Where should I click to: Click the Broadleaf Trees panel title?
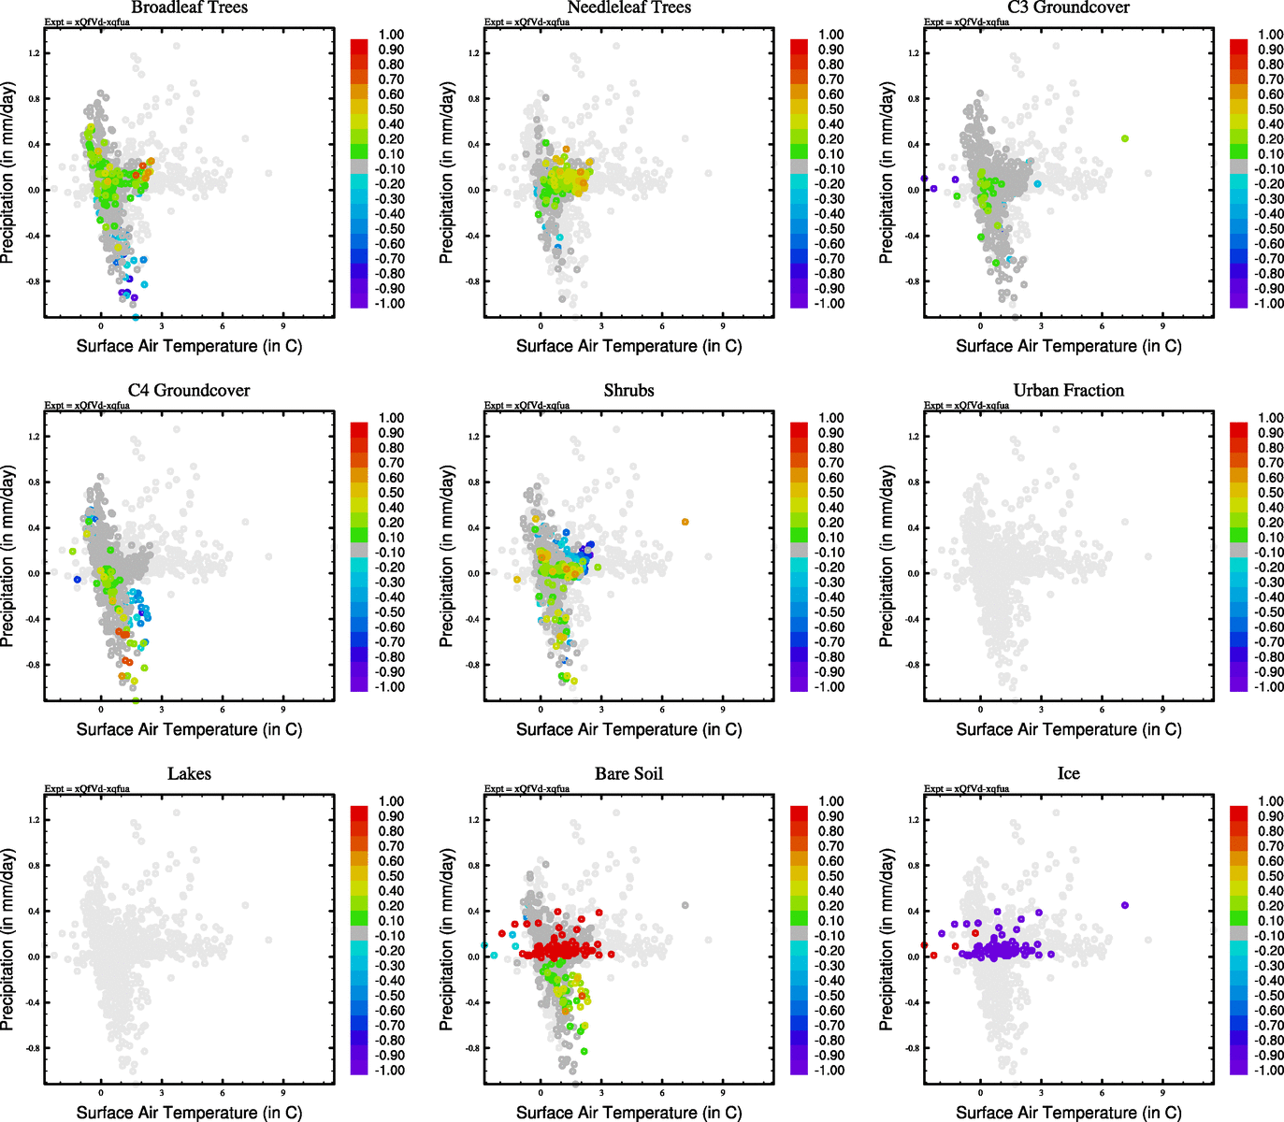[189, 7]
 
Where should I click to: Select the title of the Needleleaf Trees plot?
[628, 7]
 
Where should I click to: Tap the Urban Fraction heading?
[1068, 391]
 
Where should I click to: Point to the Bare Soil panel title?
[628, 774]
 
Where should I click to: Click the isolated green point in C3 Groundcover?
[1125, 138]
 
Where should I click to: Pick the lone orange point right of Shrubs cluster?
[685, 522]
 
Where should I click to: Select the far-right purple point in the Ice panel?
[1125, 905]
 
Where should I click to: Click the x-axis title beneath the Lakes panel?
[189, 1113]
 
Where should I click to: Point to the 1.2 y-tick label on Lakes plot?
[34, 820]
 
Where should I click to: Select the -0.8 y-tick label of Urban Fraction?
[913, 665]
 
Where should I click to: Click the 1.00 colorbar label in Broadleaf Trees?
[391, 35]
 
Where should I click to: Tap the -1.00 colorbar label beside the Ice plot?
[1269, 1071]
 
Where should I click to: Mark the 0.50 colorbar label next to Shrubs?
[830, 493]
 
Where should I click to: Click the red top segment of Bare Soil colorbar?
[799, 812]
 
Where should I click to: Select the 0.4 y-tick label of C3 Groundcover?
[913, 144]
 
